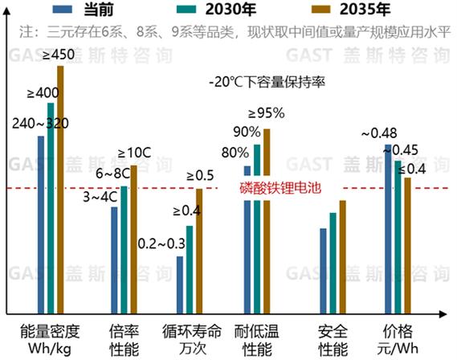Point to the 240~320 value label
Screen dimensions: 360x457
point(40,125)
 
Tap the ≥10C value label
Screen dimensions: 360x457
point(133,153)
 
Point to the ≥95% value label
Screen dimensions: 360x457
point(266,112)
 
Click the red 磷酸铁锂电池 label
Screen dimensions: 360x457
point(280,190)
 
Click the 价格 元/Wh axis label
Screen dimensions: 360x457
point(398,340)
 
